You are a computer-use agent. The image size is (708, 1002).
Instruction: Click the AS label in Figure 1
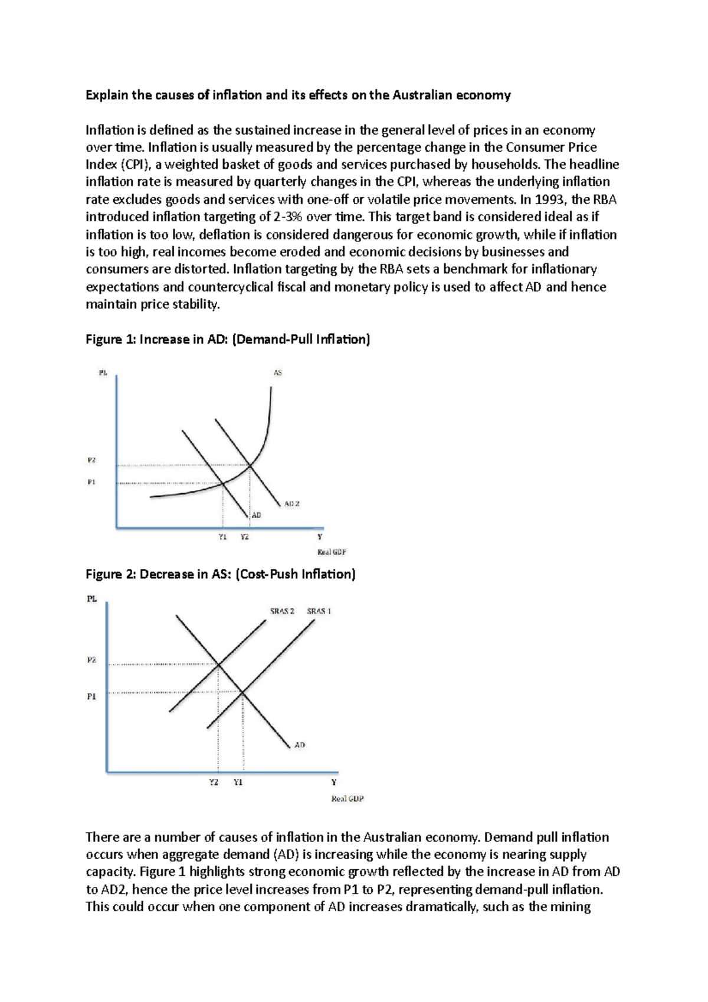pyautogui.click(x=277, y=373)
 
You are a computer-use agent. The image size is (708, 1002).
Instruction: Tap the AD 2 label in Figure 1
pyautogui.click(x=292, y=504)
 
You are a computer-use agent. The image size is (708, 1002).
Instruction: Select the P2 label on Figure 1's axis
pyautogui.click(x=91, y=460)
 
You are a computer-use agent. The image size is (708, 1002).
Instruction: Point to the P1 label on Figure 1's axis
pyautogui.click(x=91, y=482)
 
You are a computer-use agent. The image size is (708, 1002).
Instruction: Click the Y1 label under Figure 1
pyautogui.click(x=222, y=537)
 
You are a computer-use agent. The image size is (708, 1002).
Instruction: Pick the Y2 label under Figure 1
pyautogui.click(x=244, y=537)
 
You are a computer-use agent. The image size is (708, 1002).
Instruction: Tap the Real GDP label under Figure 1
pyautogui.click(x=332, y=552)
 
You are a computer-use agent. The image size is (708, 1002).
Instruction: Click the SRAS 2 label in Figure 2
pyautogui.click(x=282, y=611)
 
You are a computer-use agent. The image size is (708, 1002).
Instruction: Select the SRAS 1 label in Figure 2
pyautogui.click(x=319, y=611)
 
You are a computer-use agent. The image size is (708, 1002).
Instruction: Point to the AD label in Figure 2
pyautogui.click(x=300, y=745)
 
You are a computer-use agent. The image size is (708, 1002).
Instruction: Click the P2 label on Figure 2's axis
pyautogui.click(x=91, y=660)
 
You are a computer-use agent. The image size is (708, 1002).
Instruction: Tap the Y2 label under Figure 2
pyautogui.click(x=214, y=782)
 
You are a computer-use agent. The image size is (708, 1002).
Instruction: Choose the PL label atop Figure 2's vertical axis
pyautogui.click(x=92, y=599)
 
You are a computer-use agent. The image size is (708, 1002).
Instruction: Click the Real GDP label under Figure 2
pyautogui.click(x=348, y=799)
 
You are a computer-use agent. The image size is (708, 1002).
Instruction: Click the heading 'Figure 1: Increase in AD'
pyautogui.click(x=228, y=339)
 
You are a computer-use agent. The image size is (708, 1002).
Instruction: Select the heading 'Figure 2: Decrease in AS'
pyautogui.click(x=220, y=574)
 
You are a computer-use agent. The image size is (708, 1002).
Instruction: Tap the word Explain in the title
pyautogui.click(x=107, y=95)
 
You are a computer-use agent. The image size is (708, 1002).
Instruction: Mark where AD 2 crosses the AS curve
pyautogui.click(x=251, y=466)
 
